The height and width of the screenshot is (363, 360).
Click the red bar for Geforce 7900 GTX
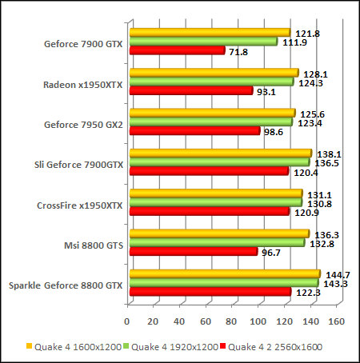[x=176, y=51]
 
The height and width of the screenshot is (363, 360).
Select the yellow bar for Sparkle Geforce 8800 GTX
[x=224, y=274]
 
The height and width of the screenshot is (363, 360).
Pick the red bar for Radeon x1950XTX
[x=190, y=91]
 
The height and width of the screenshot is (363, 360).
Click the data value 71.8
[x=241, y=51]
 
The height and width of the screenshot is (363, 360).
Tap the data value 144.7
[x=336, y=274]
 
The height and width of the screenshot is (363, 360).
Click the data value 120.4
[x=306, y=171]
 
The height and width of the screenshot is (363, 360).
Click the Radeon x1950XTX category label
[x=84, y=84]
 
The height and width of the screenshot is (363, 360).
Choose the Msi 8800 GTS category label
[x=92, y=245]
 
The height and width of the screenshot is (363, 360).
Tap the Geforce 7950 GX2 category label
[x=86, y=125]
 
